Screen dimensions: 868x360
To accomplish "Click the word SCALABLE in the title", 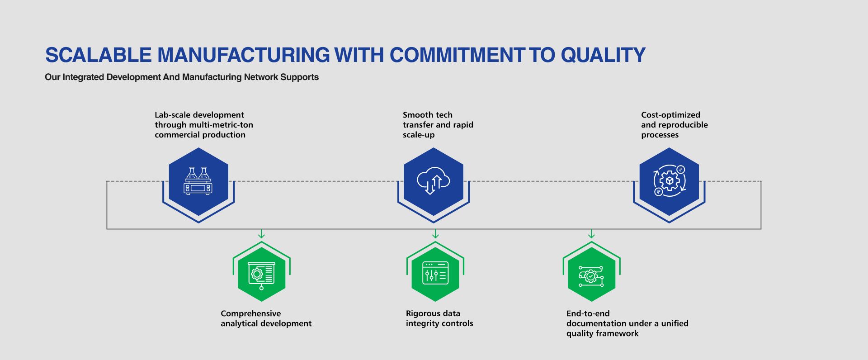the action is point(99,55).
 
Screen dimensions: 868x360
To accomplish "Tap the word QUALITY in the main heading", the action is point(603,56).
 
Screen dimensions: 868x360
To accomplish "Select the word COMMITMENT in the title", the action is point(457,55).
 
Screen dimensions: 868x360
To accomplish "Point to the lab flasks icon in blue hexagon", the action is point(198,181).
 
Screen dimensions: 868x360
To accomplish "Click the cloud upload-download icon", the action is point(433,181).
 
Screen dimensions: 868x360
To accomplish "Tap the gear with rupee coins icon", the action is point(670,181).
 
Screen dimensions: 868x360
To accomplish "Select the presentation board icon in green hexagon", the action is point(261,275).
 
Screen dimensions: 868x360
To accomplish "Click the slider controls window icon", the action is point(435,273).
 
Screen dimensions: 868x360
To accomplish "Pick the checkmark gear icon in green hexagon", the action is point(591,276).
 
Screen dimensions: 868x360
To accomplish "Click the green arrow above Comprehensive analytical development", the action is point(261,234).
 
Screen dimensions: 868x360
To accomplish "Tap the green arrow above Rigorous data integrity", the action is point(435,234).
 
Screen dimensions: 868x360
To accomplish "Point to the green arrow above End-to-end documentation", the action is point(591,234).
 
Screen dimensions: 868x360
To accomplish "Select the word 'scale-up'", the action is point(419,135).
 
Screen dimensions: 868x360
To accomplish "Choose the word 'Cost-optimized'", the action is point(670,115).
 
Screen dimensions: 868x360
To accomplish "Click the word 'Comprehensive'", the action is point(250,314).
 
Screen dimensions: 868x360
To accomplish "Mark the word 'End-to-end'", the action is point(588,313).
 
